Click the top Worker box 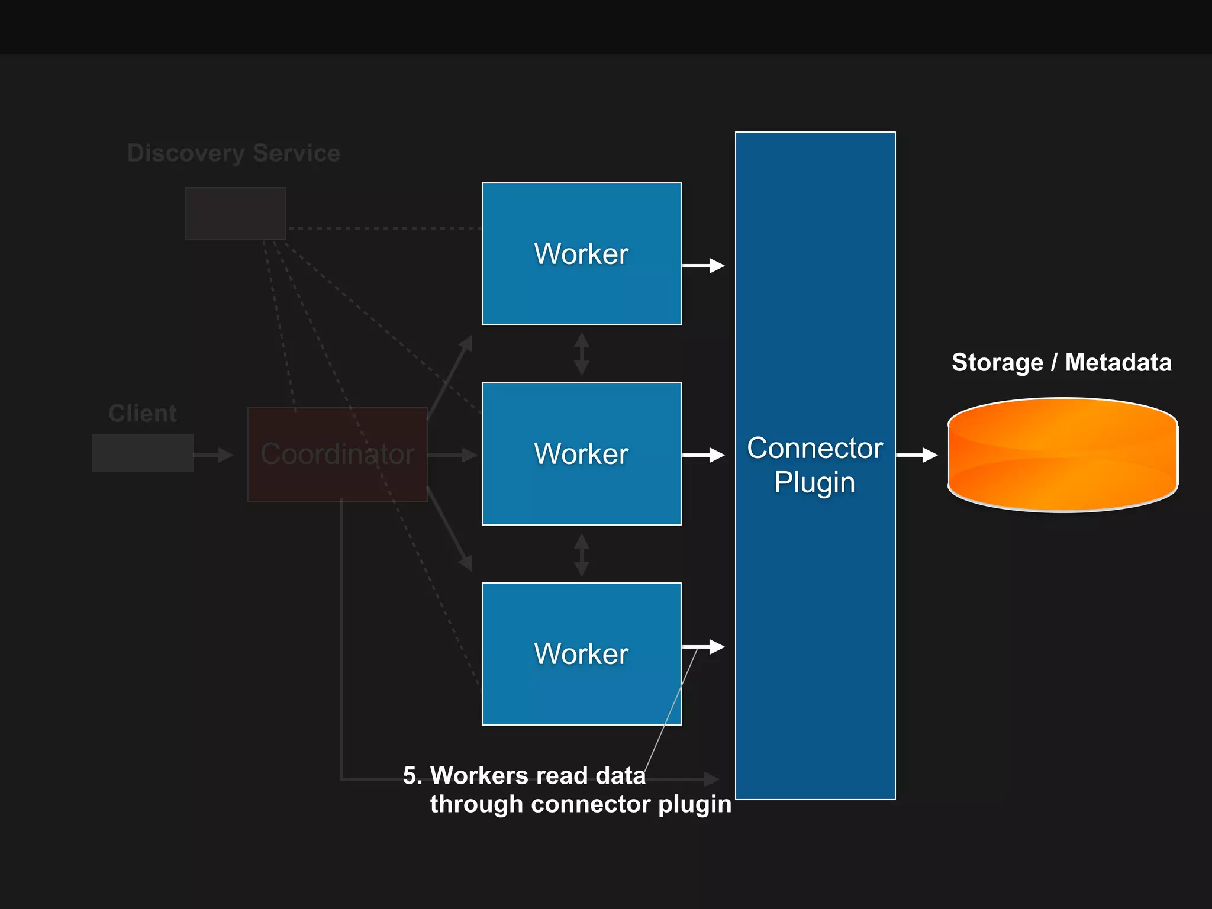[x=581, y=254]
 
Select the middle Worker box [x=581, y=454]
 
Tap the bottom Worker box [x=581, y=654]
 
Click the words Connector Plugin [x=815, y=465]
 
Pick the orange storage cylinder [x=1062, y=454]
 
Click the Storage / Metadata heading [x=1061, y=362]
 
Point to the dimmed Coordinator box [x=337, y=454]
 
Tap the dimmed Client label [x=142, y=413]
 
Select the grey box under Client [x=143, y=453]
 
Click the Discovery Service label [x=234, y=153]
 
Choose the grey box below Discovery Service [x=236, y=214]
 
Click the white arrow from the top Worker [x=703, y=266]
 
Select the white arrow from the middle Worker [x=703, y=455]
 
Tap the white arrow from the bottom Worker [x=703, y=647]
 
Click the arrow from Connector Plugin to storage [x=917, y=455]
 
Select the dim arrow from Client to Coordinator [x=214, y=455]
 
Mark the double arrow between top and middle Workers [x=582, y=354]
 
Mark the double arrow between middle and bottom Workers [x=582, y=555]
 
